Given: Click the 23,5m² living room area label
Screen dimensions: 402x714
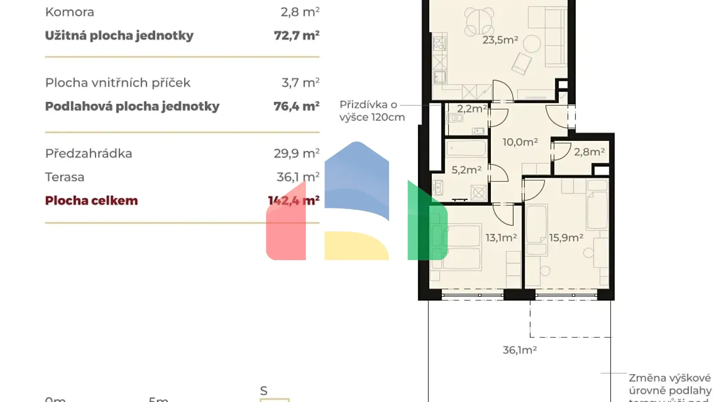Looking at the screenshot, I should coord(500,40).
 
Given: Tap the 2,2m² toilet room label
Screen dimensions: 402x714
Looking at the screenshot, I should coord(471,109).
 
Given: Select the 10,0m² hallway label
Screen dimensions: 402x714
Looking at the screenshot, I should coord(520,142).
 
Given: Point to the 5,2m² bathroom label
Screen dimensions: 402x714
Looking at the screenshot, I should coord(466,170).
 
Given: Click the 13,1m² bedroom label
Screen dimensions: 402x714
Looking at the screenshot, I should coord(501,238).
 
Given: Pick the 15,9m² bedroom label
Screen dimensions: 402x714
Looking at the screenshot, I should coord(566,238).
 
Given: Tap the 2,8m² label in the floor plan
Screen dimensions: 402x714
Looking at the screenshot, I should coord(589,152).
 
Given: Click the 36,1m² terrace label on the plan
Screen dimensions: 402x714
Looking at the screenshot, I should coord(520,350).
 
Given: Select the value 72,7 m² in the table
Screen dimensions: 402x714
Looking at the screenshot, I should coord(297,35).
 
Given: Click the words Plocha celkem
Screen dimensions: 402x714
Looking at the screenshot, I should coord(92,201).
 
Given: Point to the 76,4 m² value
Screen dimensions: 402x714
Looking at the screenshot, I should coord(297,106).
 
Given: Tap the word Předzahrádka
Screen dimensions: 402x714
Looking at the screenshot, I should coord(88,154).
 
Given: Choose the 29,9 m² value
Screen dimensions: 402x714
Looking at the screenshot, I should coord(297,154).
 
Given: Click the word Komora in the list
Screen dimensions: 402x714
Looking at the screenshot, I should coord(70,12).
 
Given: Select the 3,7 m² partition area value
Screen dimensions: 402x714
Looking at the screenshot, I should coord(300,83).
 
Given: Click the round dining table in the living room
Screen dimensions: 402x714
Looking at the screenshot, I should coord(479,21).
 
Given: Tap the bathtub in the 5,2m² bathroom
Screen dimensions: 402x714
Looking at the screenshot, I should coord(466,149).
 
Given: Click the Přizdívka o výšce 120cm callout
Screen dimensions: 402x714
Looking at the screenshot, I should coord(372,111).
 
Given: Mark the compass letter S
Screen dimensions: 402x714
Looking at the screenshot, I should coord(264,391).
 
